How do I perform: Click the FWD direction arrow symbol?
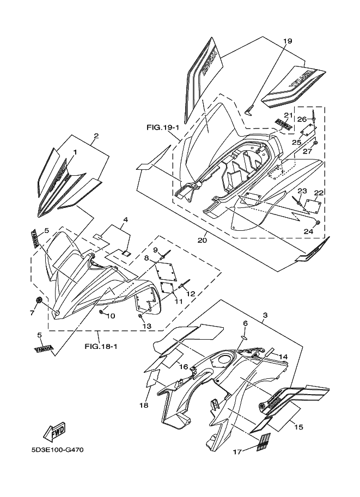point(55,431)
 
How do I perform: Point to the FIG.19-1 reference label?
point(162,128)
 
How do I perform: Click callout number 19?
point(288,41)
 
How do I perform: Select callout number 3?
point(264,316)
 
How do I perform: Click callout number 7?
point(32,312)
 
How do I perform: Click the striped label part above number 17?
point(263,440)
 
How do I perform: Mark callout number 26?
point(301,119)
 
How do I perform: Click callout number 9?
point(155,250)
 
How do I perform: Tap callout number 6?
point(245,323)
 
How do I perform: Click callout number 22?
point(318,193)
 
